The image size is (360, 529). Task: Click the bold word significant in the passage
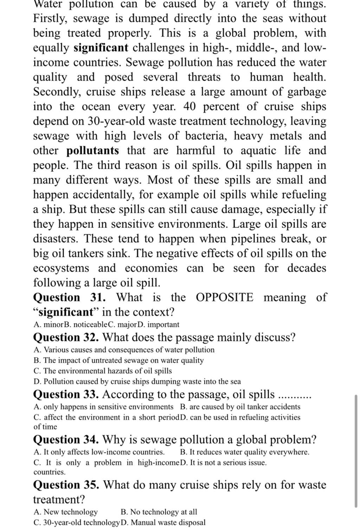pos(101,48)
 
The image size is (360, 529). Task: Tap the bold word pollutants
pos(93,151)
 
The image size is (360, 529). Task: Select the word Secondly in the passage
pos(57,92)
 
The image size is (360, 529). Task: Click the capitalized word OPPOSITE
pos(224,298)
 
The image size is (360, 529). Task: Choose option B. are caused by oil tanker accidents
pos(240,407)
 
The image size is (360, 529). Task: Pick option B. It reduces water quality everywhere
pos(245,452)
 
